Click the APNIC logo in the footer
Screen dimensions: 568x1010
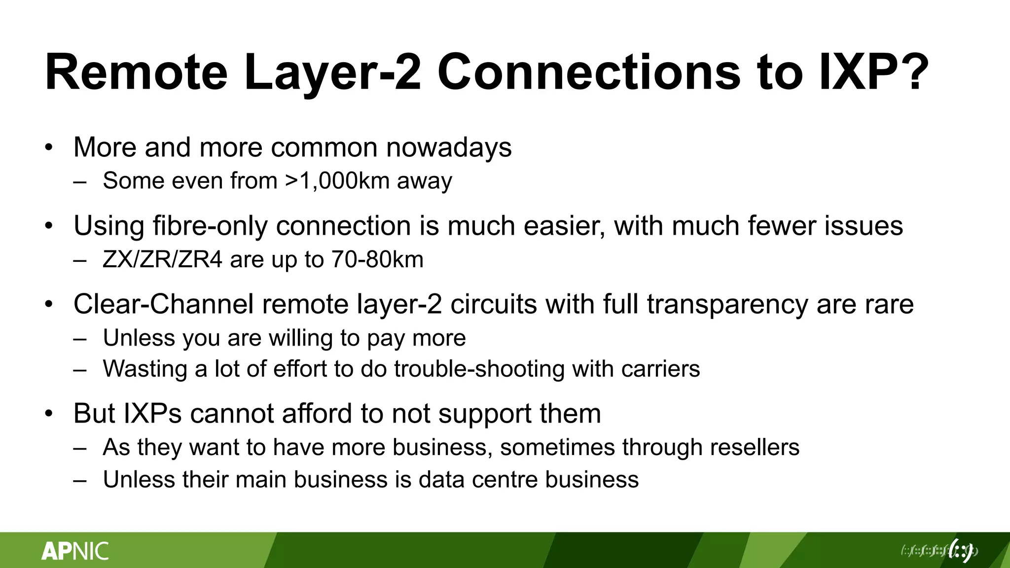click(75, 551)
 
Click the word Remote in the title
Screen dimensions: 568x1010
click(136, 72)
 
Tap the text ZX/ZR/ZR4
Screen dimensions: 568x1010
click(163, 260)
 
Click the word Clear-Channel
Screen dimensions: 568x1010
click(163, 304)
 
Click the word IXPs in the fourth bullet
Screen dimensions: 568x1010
click(152, 414)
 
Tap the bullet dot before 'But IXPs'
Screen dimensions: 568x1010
click(48, 414)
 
